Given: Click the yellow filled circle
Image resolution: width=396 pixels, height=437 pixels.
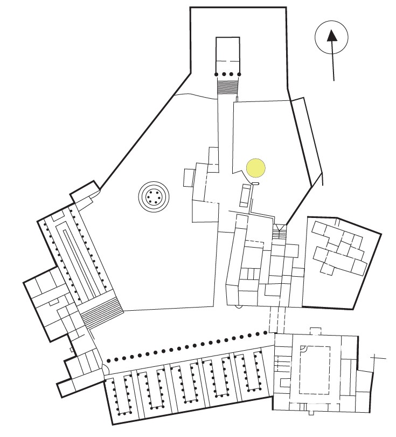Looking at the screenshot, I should (x=256, y=167).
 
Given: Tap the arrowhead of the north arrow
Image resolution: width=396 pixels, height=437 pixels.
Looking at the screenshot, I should (x=332, y=36).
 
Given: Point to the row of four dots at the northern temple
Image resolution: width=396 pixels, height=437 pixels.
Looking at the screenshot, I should (x=228, y=74).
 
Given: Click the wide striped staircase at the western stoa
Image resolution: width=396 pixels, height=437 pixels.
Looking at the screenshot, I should (x=102, y=312).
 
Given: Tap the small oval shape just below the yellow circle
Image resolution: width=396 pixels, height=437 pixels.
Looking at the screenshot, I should (x=255, y=183).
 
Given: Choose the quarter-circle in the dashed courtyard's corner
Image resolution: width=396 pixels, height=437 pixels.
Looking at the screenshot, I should (x=304, y=349).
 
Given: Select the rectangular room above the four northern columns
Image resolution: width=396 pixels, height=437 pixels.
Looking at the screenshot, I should (x=227, y=54).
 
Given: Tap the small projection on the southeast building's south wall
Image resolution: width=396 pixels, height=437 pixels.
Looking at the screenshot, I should (x=311, y=413).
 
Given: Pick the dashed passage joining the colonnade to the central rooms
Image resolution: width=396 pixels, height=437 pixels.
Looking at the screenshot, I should (x=275, y=320).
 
